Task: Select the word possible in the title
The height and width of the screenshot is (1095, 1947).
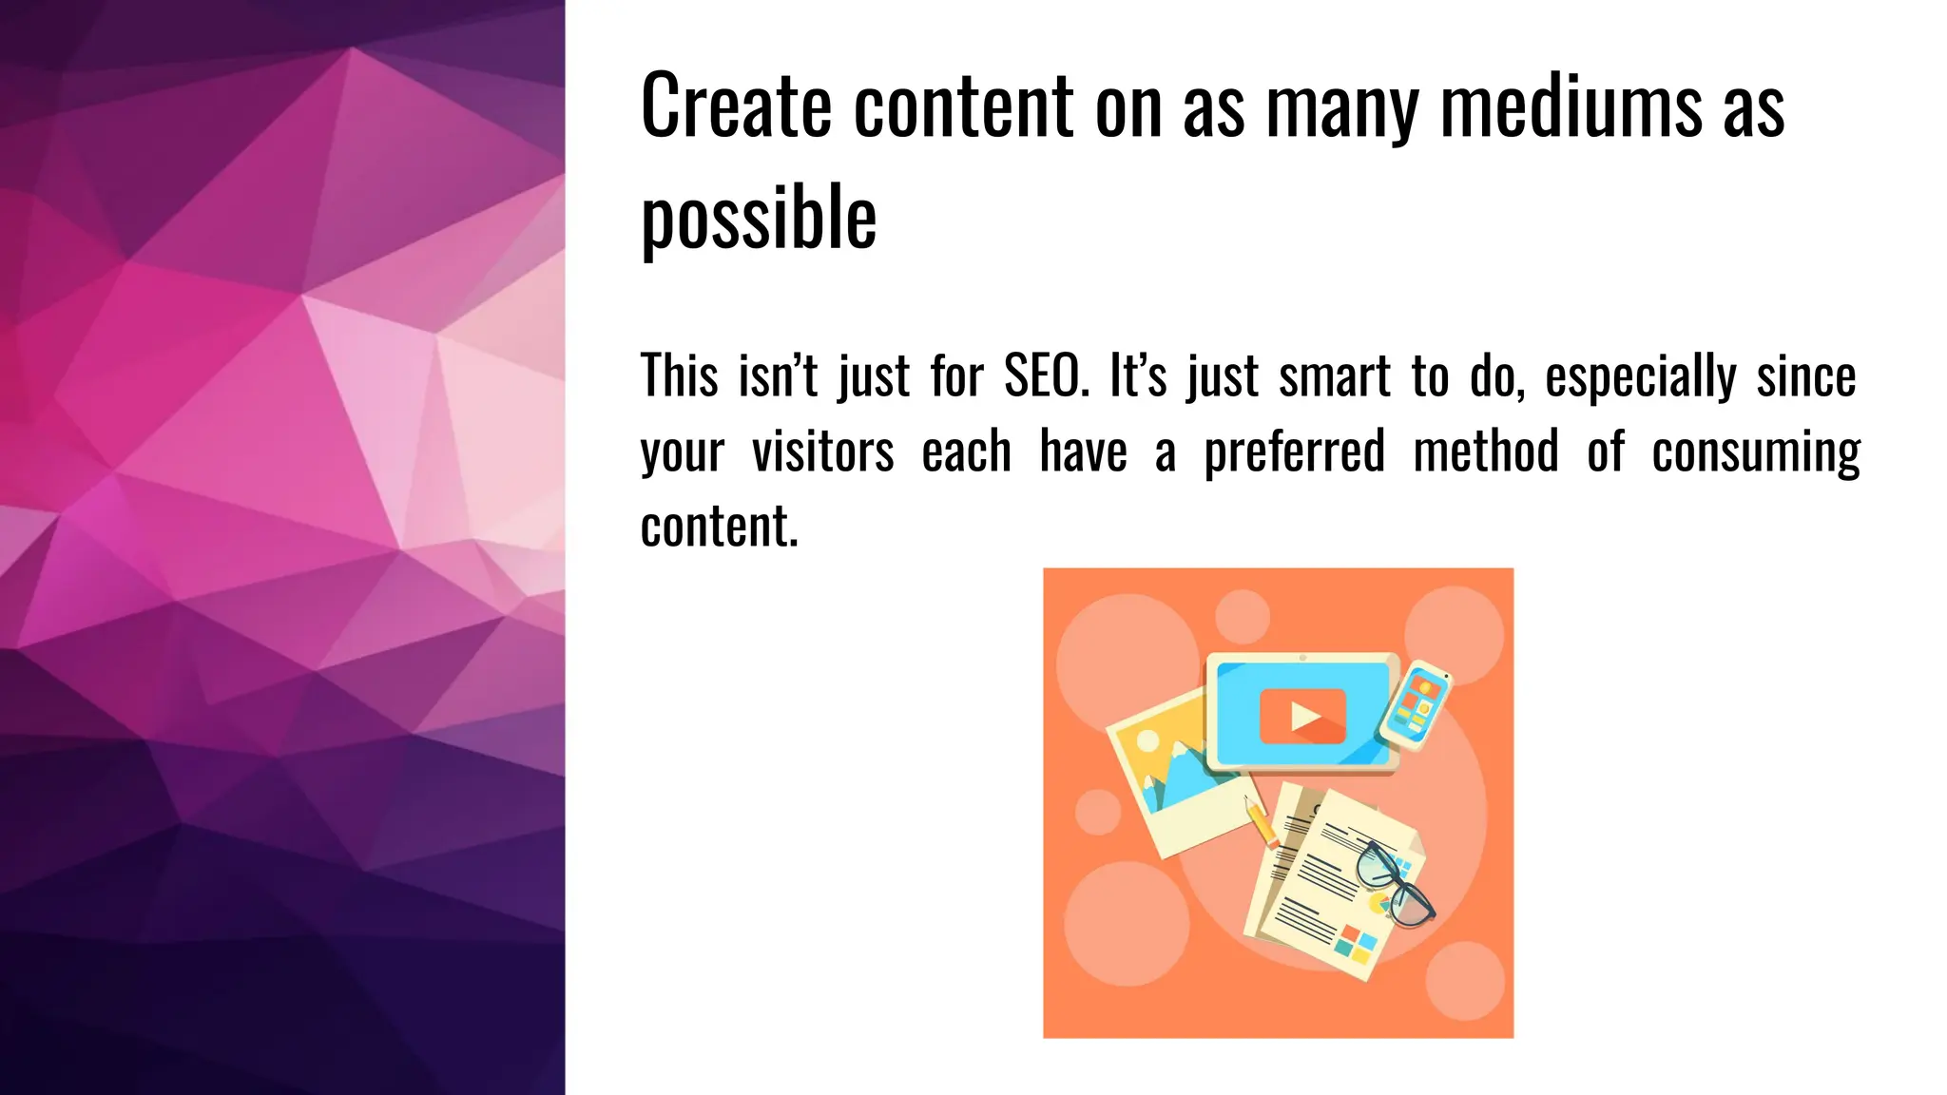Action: point(759,219)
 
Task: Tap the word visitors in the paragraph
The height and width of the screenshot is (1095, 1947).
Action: point(822,451)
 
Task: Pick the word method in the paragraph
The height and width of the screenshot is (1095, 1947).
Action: point(1486,451)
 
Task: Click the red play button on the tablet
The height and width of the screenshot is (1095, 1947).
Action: point(1302,716)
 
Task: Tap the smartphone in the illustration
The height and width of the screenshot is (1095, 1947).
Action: point(1417,705)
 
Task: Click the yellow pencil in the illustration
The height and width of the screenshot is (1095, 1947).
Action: point(1261,822)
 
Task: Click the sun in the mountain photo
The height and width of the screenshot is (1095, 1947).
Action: point(1148,740)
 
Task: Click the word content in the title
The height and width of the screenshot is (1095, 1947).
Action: point(964,106)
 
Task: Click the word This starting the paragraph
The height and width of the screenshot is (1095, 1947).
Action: point(679,376)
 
